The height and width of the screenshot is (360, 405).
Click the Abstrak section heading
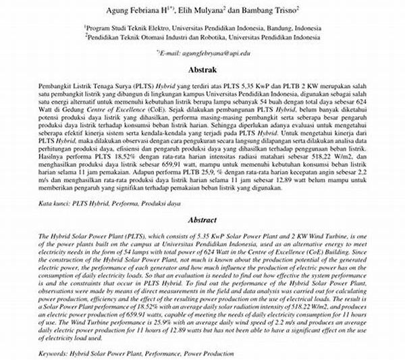click(x=202, y=70)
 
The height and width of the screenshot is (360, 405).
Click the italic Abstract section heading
click(x=202, y=220)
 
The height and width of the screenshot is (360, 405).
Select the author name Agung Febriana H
click(x=138, y=11)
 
